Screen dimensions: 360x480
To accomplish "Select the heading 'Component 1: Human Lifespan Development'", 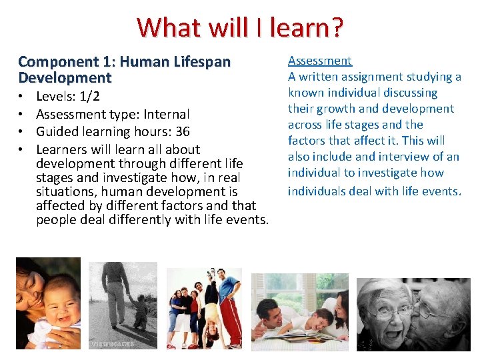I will [x=124, y=69].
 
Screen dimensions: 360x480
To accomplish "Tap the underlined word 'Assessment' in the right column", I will [x=319, y=61].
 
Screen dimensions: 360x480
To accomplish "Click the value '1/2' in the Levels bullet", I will [x=88, y=97].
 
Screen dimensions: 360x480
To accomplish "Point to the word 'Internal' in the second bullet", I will [x=166, y=114].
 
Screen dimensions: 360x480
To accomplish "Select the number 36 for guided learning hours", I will [x=182, y=131].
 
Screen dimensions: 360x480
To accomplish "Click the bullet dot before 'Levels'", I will [x=21, y=97].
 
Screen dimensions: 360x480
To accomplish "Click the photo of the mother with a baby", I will [x=48, y=303].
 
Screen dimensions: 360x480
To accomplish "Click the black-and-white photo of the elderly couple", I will [x=413, y=313].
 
